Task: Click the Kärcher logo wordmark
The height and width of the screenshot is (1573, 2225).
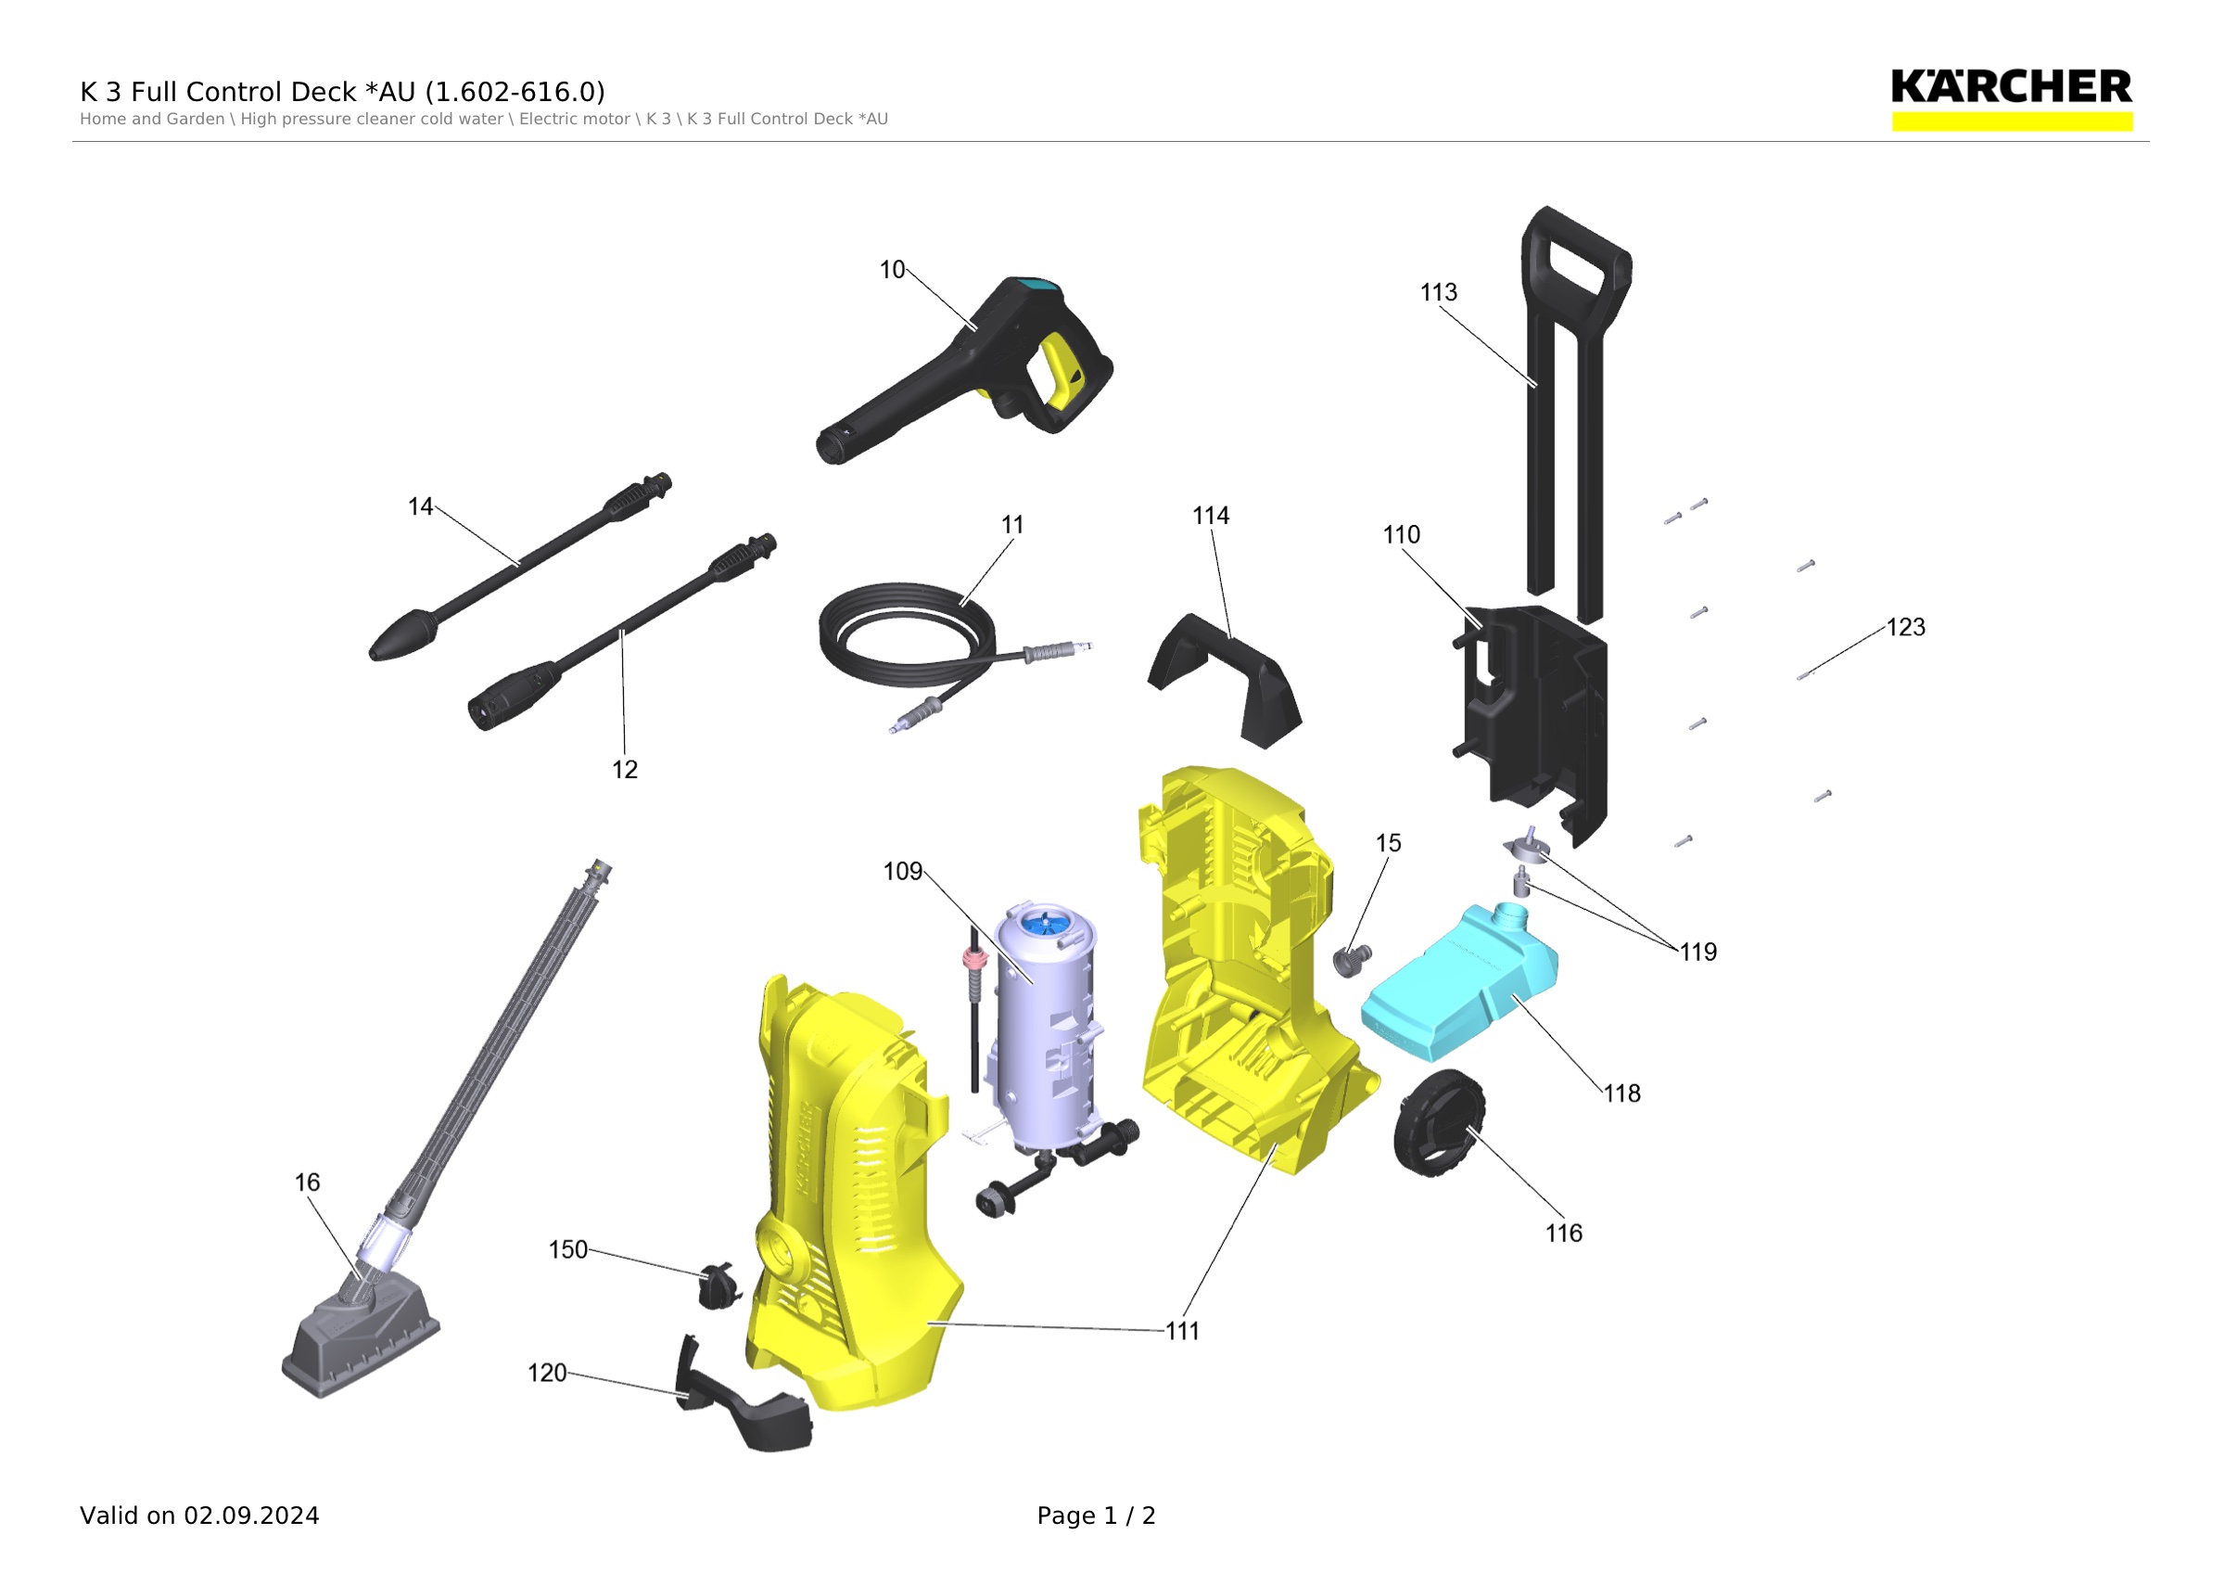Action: pos(2011,86)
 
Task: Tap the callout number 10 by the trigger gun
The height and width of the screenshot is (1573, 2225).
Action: pos(892,270)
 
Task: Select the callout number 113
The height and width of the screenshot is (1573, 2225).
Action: pos(1438,292)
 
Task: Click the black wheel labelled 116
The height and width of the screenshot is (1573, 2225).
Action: pos(1439,1122)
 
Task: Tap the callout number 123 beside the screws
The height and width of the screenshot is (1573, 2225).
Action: pos(1905,627)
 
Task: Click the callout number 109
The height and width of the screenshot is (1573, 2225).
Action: pos(902,871)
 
